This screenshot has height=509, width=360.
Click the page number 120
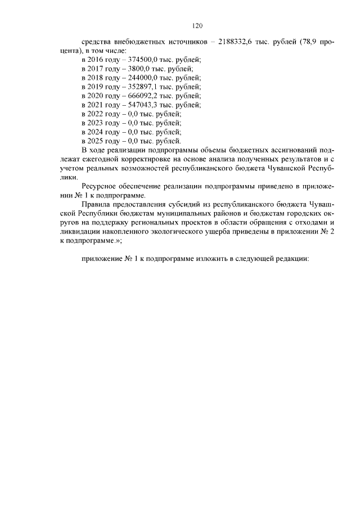coord(197,25)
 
